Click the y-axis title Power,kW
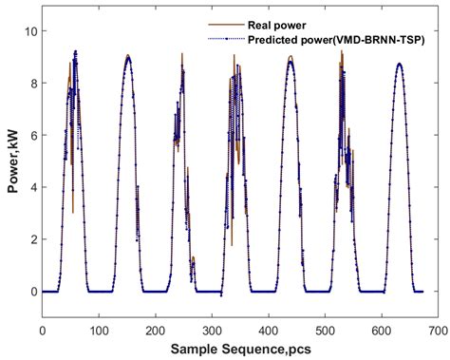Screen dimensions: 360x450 pos(12,161)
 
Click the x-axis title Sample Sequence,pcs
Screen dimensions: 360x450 pos(240,349)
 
